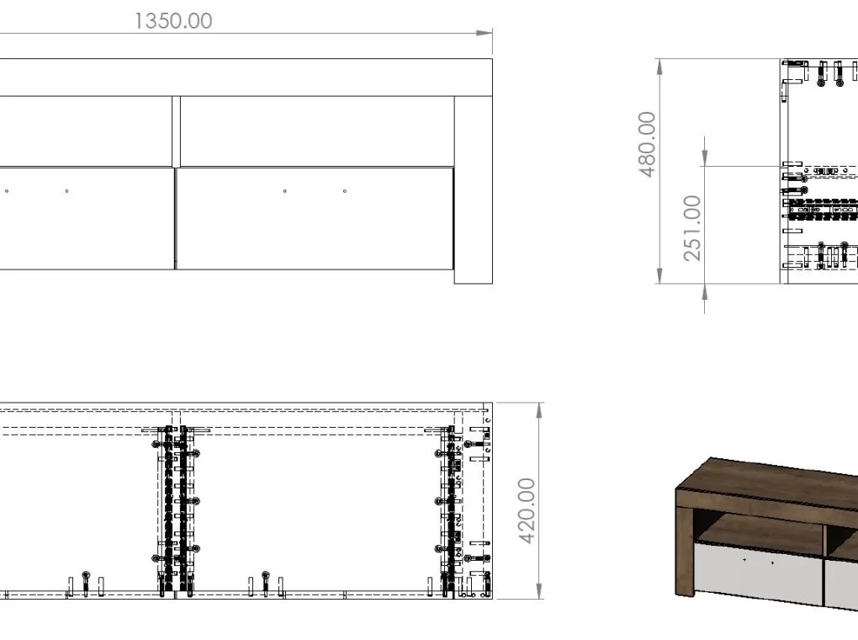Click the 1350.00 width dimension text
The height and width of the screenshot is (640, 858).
[x=173, y=21]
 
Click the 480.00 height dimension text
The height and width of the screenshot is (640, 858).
[x=648, y=145]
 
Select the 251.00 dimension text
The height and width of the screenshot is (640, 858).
[x=692, y=228]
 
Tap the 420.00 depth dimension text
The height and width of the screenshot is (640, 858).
[x=527, y=510]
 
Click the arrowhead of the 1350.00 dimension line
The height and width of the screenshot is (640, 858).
[x=485, y=33]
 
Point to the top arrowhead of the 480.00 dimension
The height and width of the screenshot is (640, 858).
[x=660, y=67]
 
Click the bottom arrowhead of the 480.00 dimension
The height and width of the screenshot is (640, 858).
[x=660, y=275]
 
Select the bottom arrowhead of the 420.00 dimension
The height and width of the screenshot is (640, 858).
[x=539, y=590]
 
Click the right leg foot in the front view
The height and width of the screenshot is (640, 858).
[x=474, y=276]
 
